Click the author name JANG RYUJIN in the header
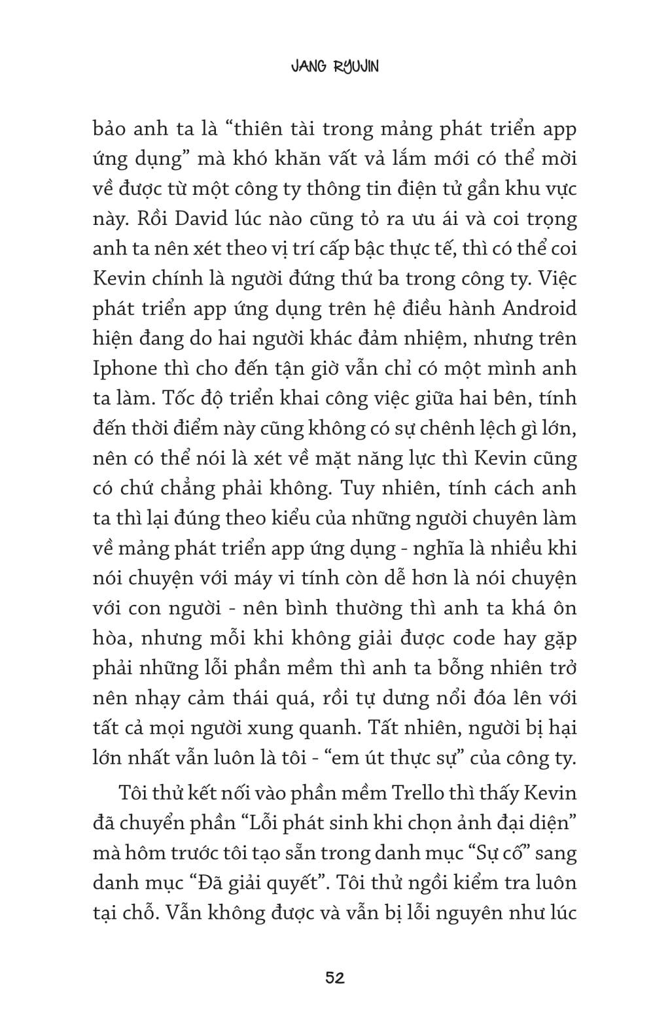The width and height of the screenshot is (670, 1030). tap(334, 67)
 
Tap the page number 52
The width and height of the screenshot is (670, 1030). tap(335, 978)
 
